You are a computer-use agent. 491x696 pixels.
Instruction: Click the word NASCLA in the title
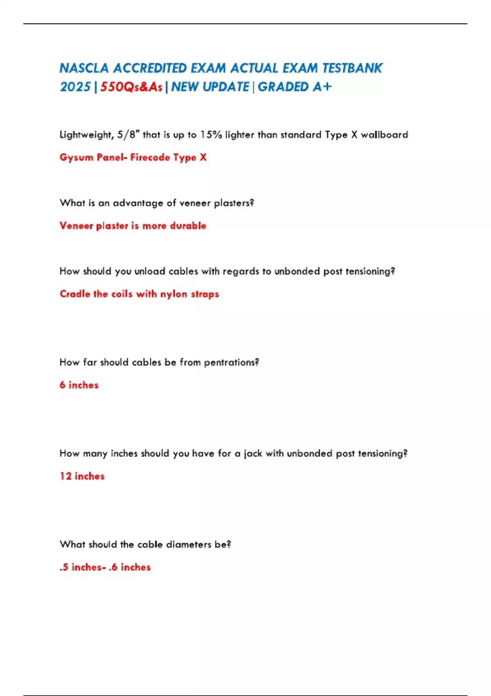pyautogui.click(x=84, y=68)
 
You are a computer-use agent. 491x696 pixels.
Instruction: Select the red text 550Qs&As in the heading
pyautogui.click(x=131, y=87)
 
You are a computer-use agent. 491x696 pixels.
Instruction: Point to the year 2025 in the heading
pyautogui.click(x=75, y=87)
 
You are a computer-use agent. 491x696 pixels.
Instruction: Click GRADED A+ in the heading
pyautogui.click(x=294, y=87)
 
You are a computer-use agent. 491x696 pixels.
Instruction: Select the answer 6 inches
pyautogui.click(x=79, y=385)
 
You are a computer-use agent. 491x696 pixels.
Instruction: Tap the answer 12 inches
pyautogui.click(x=82, y=476)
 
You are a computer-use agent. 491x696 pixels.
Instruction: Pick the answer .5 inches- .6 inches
pyautogui.click(x=105, y=567)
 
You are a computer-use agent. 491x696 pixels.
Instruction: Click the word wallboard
pyautogui.click(x=384, y=135)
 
